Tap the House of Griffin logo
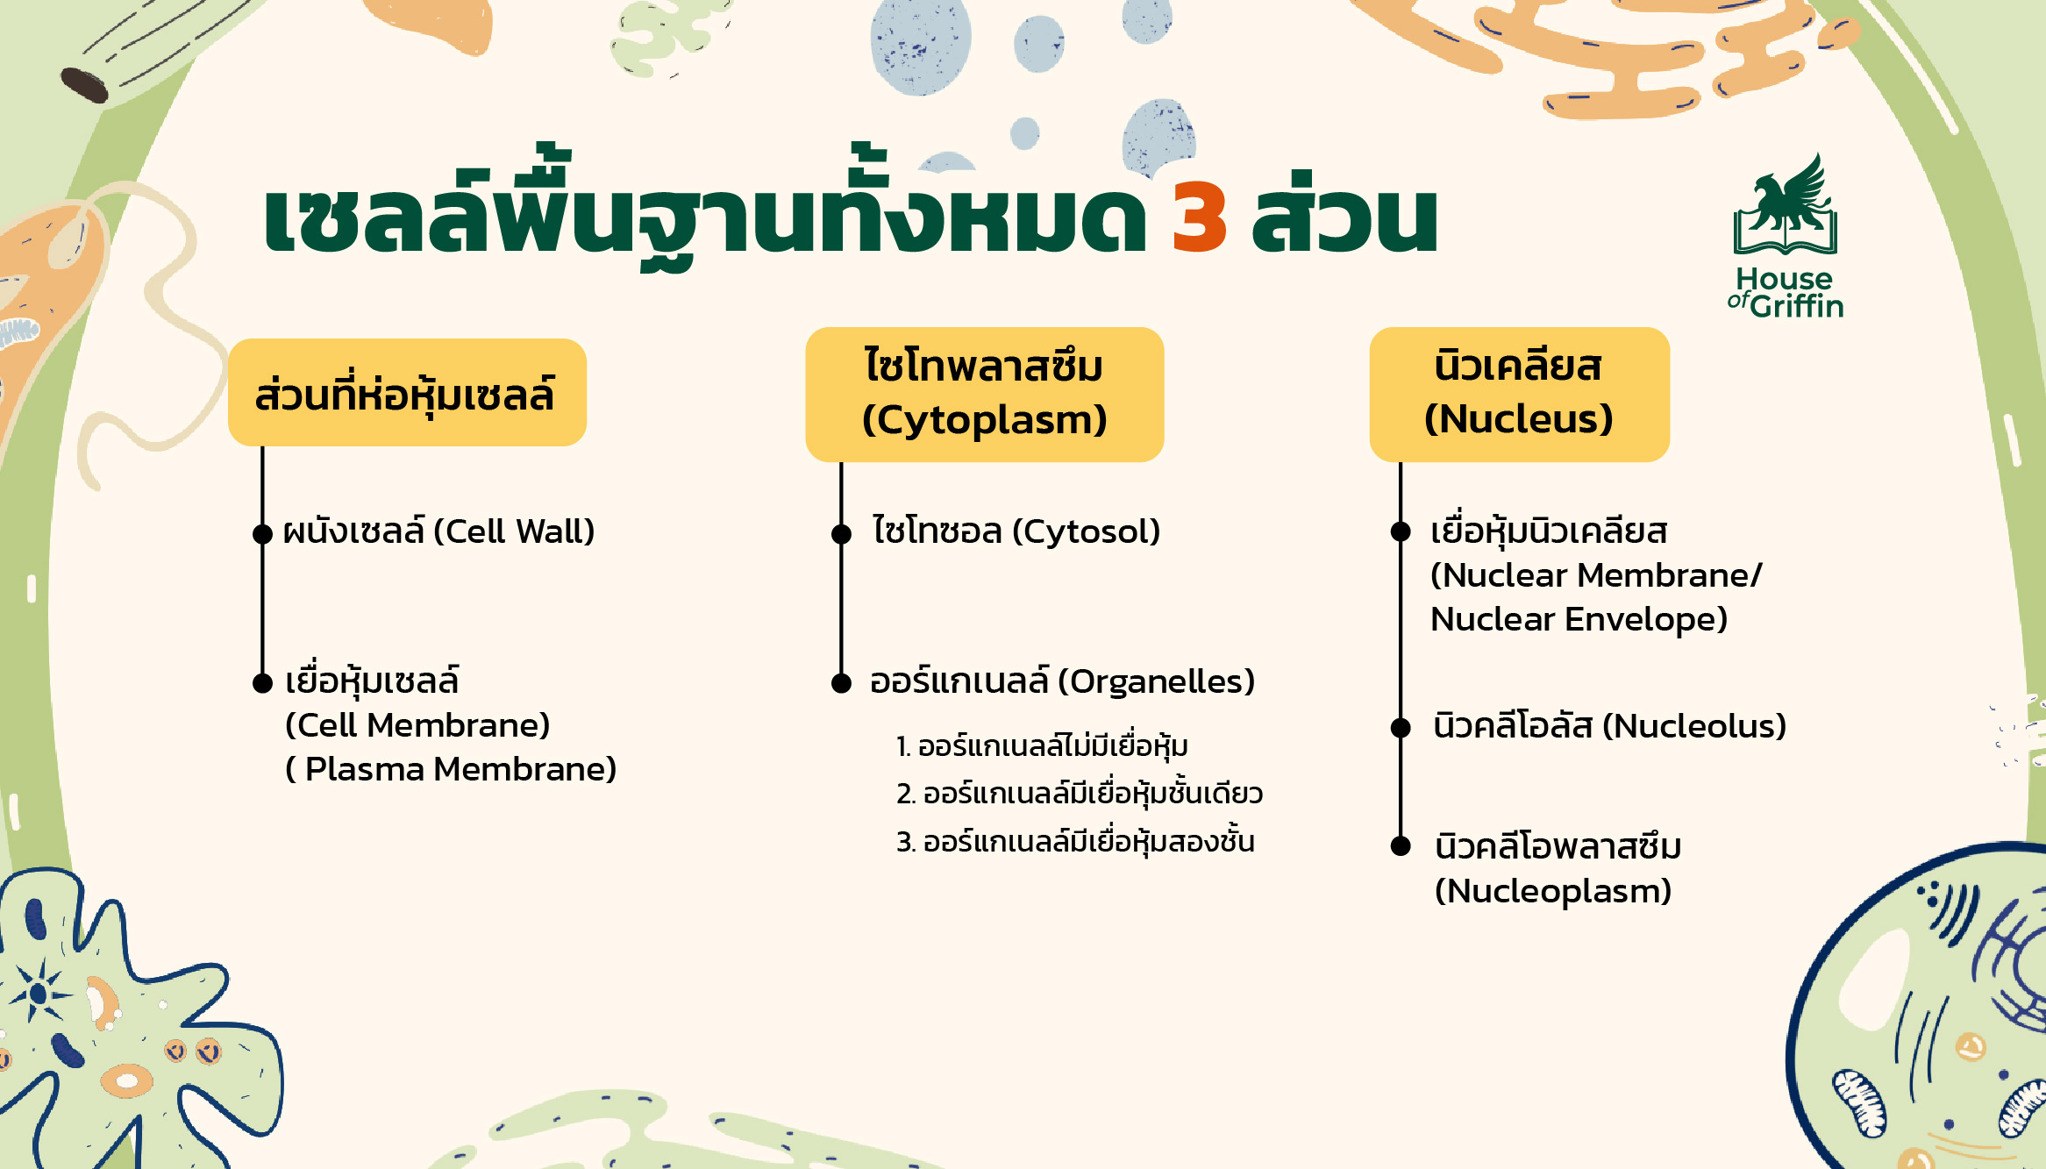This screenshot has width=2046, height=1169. [x=1786, y=237]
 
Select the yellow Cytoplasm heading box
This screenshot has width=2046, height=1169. [x=984, y=394]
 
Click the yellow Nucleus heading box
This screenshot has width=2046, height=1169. [x=1519, y=394]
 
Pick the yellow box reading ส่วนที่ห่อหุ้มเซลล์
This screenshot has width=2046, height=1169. [x=407, y=393]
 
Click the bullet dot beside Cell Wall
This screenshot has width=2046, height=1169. [x=262, y=533]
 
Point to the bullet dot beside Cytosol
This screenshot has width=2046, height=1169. [x=841, y=533]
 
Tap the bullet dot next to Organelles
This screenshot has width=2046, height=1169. [x=841, y=683]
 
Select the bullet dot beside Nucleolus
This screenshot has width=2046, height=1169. [x=1401, y=727]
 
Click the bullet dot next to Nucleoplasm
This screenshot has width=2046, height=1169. [x=1401, y=846]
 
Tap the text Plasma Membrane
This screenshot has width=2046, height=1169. [x=460, y=769]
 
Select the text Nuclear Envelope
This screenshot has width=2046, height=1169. [x=1579, y=619]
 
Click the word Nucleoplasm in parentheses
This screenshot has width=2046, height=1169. [x=1553, y=891]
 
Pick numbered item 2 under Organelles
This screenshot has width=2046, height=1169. [x=1080, y=794]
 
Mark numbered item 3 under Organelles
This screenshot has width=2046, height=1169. [x=1075, y=842]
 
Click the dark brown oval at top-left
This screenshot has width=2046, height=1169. [x=84, y=85]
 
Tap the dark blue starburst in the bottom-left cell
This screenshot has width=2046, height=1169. [x=38, y=993]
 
